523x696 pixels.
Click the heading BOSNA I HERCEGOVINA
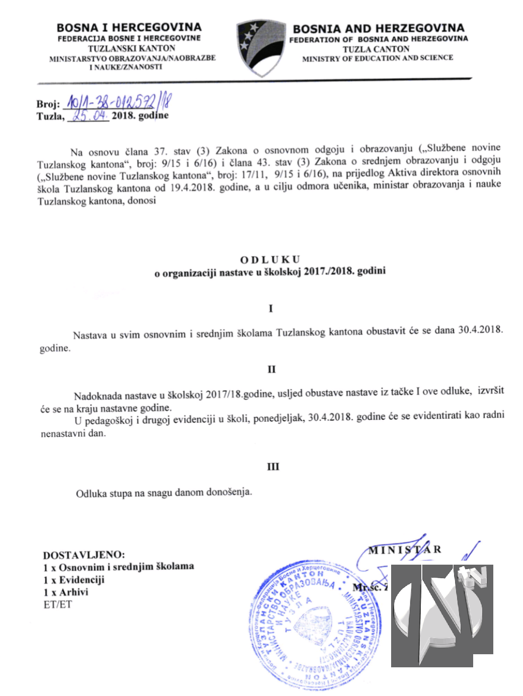129,27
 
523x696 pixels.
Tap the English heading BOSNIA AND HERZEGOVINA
378,28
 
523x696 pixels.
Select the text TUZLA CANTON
376,49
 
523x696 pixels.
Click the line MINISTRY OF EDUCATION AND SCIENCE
378,58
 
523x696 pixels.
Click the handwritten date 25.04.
90,116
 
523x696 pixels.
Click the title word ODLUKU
270,260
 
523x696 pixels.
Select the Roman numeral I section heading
271,308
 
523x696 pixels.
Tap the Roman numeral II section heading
271,369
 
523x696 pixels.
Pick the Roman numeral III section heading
272,467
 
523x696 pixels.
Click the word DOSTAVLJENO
84,555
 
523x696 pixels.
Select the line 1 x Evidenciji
74,580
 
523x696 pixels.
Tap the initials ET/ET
57,604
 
